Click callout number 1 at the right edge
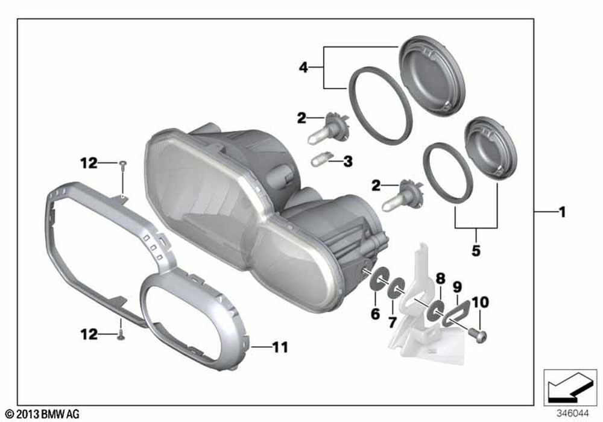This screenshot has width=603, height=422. [562, 212]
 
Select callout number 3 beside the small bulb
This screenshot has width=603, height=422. [348, 162]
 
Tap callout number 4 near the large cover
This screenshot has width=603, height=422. [304, 68]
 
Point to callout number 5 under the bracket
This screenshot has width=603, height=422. [476, 251]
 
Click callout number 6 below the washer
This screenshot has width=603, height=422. [375, 313]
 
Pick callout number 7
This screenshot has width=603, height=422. [393, 322]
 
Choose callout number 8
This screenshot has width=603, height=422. [440, 279]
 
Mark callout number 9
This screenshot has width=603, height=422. [457, 287]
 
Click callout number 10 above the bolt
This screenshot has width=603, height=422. [481, 302]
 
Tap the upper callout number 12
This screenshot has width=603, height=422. [89, 163]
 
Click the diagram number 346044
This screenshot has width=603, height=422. [573, 414]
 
